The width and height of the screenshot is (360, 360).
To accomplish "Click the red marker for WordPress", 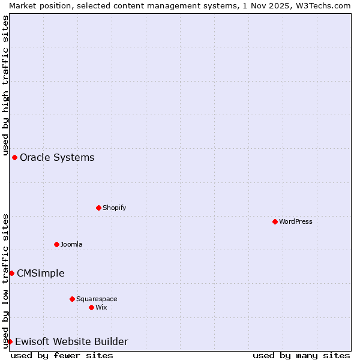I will [x=275, y=221].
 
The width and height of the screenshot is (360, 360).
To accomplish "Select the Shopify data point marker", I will [x=98, y=208].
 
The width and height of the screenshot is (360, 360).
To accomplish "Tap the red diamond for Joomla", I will [x=56, y=244].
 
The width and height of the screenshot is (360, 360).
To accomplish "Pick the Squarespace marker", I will [x=72, y=299].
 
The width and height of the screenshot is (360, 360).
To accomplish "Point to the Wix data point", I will [x=91, y=307].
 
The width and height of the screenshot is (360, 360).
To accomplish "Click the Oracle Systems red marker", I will [x=14, y=157].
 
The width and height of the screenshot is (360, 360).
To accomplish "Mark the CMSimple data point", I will [x=11, y=273].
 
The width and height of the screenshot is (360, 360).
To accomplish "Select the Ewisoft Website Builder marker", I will [x=10, y=341].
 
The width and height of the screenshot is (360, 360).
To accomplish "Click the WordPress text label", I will [x=296, y=221].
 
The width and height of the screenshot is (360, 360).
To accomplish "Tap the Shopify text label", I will [x=114, y=208].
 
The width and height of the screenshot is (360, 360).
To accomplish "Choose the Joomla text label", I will [x=71, y=244].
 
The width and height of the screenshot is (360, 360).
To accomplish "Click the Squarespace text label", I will [x=97, y=299].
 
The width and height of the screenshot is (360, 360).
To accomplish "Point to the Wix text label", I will [x=101, y=307].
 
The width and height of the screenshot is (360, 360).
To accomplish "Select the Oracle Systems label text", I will [x=57, y=157].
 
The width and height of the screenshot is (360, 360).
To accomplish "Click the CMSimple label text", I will [x=41, y=273].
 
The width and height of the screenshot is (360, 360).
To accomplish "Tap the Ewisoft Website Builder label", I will [x=71, y=341].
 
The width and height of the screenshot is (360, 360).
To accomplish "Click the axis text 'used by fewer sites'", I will [x=62, y=355].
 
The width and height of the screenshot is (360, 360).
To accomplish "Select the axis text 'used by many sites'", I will [x=301, y=355].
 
